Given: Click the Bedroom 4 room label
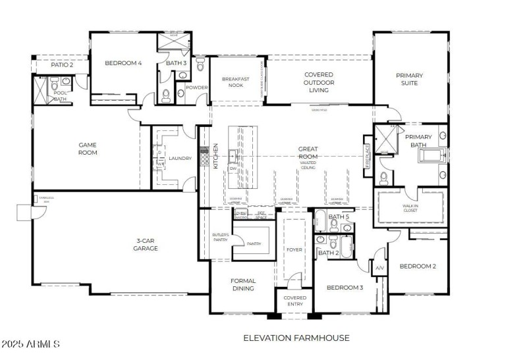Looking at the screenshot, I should [123, 63].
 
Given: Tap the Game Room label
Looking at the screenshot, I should [88, 149].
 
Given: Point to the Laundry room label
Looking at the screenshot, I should [180, 159].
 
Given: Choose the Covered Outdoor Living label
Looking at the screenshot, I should [318, 82].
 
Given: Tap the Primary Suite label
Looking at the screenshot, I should [409, 80].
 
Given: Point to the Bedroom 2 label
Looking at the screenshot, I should [418, 267].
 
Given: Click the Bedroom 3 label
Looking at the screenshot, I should [345, 288].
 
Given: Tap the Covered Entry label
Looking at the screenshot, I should [294, 301].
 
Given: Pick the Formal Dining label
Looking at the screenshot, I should [243, 284].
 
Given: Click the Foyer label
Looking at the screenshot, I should [293, 249].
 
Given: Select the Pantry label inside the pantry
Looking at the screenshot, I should [254, 244].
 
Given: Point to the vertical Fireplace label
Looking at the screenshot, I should [368, 156].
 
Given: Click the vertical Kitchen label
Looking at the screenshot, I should [215, 157].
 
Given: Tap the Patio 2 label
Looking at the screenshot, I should [62, 64].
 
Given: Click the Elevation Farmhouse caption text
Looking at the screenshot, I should [296, 338].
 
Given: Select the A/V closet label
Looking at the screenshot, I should [379, 269].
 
